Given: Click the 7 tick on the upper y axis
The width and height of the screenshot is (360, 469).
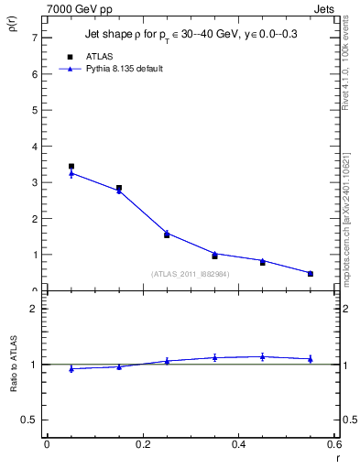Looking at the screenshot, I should (34, 38).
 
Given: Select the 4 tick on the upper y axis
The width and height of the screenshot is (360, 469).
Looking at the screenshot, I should (34, 147).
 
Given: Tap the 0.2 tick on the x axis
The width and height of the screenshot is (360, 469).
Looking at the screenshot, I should (142, 444).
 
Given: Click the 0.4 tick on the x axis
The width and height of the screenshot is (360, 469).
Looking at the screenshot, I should (238, 444).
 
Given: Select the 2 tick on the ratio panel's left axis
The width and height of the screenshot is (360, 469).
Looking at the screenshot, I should (34, 309).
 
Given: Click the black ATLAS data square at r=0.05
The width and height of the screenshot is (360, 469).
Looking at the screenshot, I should (71, 167).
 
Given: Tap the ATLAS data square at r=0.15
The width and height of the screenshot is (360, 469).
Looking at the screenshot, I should (119, 188).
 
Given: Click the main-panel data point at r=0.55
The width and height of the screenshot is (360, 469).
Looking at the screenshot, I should (311, 273).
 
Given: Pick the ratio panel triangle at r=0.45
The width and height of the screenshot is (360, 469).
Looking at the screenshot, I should (262, 356).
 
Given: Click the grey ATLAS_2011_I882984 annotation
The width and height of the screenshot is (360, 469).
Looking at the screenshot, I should (191, 273).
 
